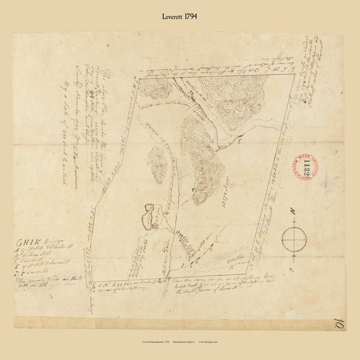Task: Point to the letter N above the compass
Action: [293, 212]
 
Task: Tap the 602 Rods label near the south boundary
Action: [225, 257]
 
